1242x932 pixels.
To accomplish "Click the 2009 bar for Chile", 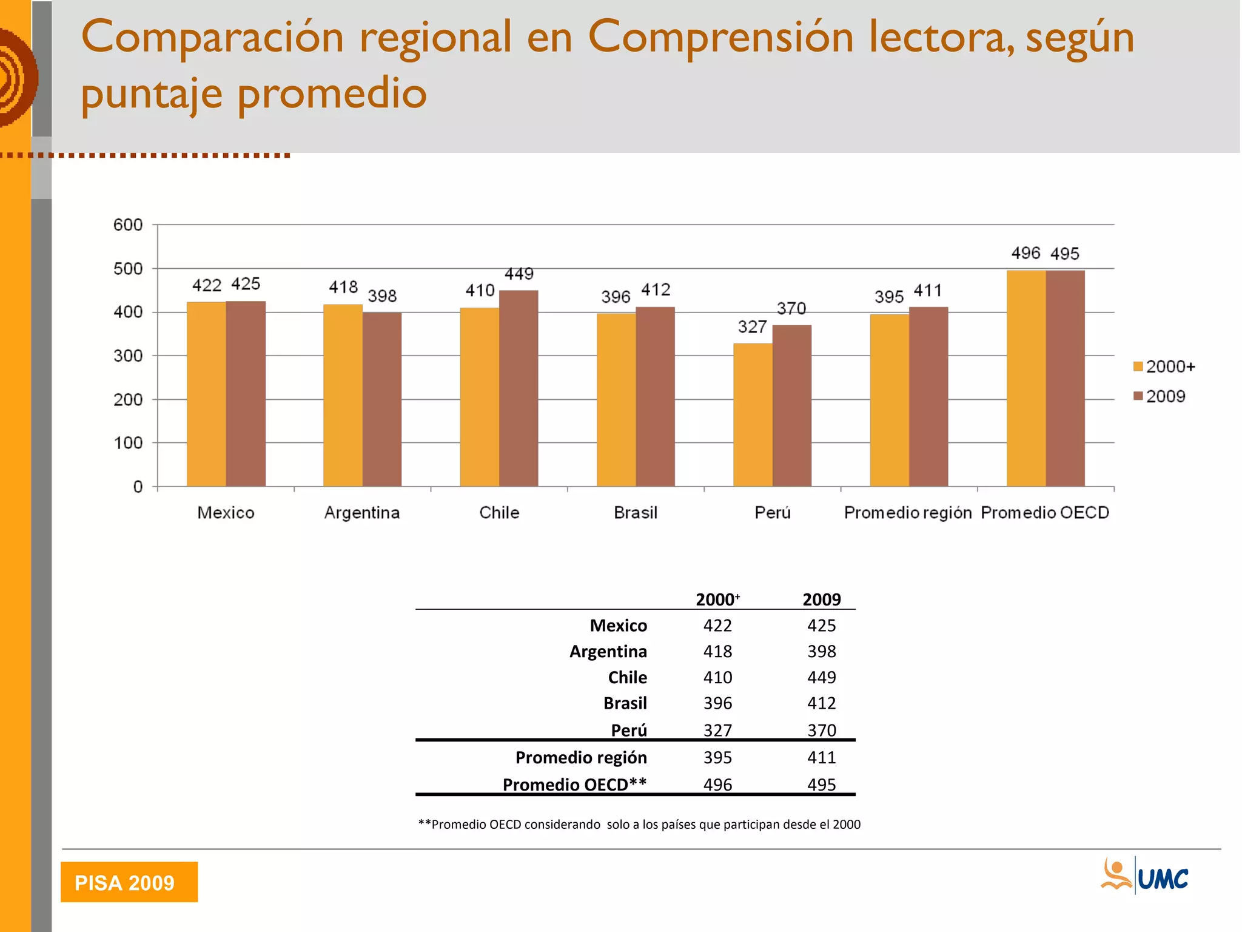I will [519, 388].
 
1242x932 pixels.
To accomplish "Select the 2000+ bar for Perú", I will [753, 415].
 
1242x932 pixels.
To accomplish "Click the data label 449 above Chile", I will [519, 274].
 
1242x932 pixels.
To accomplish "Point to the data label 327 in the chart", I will [752, 327].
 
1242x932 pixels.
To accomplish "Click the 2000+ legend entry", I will [1164, 366].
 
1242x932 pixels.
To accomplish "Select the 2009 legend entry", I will [1160, 396].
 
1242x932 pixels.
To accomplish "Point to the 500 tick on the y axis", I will [128, 269].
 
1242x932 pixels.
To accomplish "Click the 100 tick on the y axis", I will [128, 443].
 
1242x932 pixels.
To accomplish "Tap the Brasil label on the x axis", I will [636, 513].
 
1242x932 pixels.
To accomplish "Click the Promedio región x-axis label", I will [908, 513].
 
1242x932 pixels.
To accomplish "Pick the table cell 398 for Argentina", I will [821, 651].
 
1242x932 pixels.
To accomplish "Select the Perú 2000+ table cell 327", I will [717, 730].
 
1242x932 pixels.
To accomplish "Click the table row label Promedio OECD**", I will [574, 785].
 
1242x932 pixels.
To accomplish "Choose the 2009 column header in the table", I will [821, 599].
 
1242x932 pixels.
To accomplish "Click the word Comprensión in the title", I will [721, 38].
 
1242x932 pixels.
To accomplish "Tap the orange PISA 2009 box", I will [129, 882].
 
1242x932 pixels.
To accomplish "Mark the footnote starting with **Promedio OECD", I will [639, 824].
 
